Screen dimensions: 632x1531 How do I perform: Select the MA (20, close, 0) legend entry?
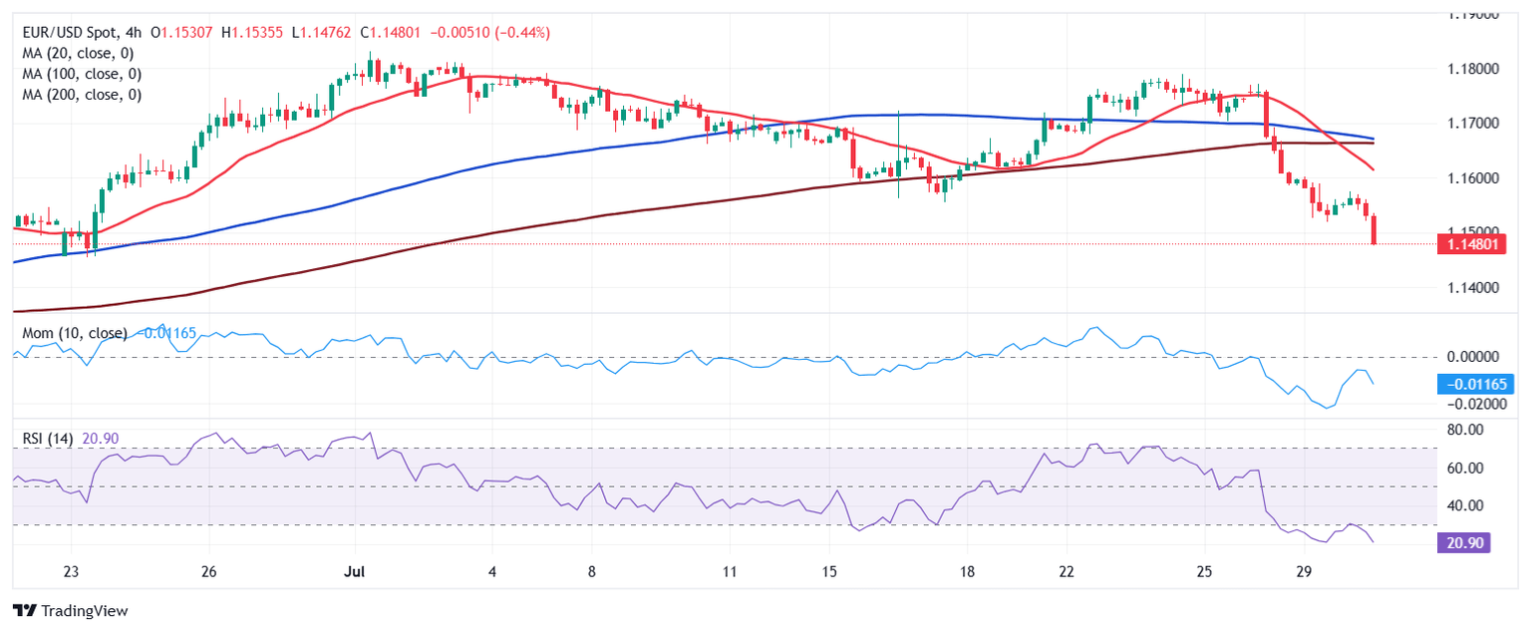coord(78,54)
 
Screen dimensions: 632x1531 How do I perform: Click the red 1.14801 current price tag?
coord(1471,243)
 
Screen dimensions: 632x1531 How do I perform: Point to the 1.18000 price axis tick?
coord(1471,69)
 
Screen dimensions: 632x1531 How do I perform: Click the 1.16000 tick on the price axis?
coord(1471,177)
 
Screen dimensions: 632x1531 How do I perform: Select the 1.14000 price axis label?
coord(1471,287)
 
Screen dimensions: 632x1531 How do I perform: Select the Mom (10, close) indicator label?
coord(75,333)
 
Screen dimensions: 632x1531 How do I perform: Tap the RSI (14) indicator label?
coord(48,439)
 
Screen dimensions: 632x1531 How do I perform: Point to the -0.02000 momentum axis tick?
coord(1471,405)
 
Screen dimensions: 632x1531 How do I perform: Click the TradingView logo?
coord(71,610)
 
